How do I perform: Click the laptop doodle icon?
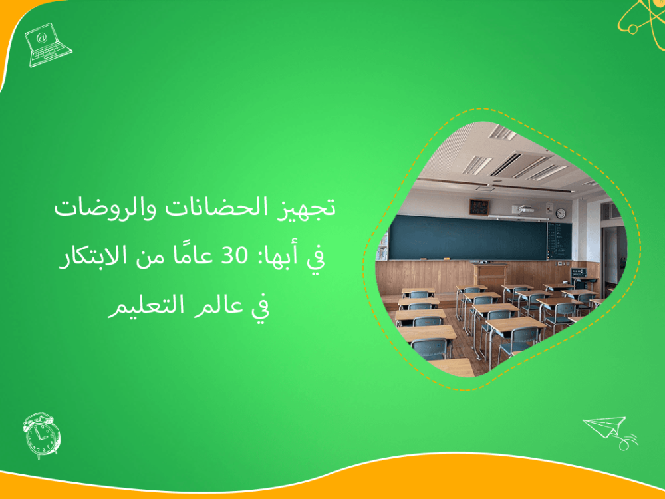47,43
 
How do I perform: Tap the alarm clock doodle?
41,435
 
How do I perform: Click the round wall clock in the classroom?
561,213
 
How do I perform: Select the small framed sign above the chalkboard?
479,207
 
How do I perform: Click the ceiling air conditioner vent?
515,164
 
